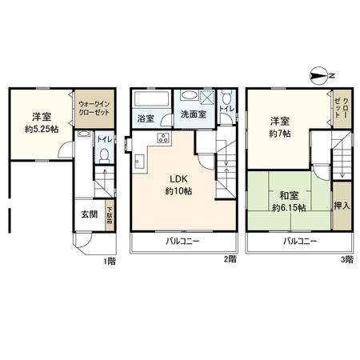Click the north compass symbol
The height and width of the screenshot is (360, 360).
click(x=321, y=77)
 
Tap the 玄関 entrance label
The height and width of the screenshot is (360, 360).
click(x=88, y=214)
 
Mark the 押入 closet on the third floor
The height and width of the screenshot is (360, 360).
click(x=341, y=205)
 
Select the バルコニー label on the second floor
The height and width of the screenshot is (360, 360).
click(x=183, y=241)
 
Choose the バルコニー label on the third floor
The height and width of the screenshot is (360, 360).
click(x=299, y=241)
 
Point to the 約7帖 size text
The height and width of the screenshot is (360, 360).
click(x=279, y=134)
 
